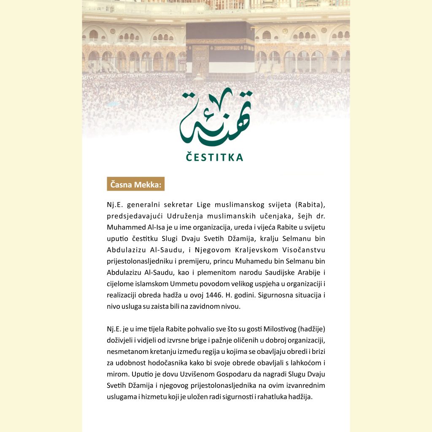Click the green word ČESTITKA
click(215, 157)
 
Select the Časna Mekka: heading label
click(135, 184)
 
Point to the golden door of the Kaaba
click(200, 61)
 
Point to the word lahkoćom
click(302, 363)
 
